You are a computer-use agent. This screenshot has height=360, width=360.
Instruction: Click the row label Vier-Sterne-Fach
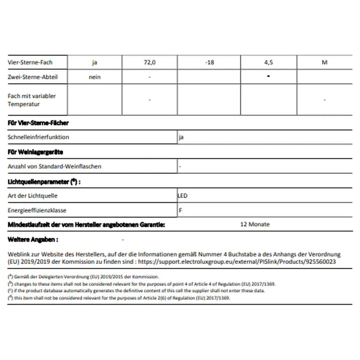pos(30,62)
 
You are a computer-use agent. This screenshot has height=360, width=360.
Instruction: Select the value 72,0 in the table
pos(150,62)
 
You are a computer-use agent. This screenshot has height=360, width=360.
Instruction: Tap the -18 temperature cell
pos(209,62)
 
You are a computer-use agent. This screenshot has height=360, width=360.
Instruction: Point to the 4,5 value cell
pos(268,62)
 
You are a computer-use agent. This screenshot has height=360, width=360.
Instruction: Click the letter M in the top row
pos(324,62)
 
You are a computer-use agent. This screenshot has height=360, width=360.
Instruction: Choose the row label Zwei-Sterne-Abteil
pos(32,77)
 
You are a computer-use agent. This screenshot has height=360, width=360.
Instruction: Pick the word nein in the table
pos(95,77)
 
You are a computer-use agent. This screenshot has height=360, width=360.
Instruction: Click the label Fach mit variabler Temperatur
pos(32,100)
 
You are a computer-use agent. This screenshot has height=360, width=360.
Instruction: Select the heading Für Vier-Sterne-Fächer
pos(38,123)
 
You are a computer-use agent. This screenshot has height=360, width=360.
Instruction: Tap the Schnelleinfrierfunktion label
pos(38,137)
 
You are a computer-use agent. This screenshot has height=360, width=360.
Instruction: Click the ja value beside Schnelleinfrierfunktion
pos(181,137)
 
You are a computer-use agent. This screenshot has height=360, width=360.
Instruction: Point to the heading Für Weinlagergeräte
pos(35,152)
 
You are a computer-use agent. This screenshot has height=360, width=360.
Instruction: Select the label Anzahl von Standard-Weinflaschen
pos(54,166)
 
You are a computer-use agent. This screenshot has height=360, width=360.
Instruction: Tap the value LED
pos(183,196)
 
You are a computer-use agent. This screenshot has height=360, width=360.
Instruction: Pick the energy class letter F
pos(180,210)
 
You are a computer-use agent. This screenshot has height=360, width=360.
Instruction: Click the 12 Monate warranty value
pos(255,224)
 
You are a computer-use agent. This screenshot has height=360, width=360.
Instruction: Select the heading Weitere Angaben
pos(33,239)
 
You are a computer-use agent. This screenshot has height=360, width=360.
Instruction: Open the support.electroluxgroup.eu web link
pos(237,262)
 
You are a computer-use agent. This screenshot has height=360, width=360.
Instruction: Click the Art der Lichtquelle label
pos(32,196)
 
